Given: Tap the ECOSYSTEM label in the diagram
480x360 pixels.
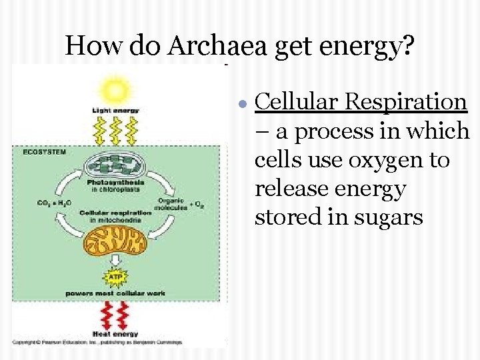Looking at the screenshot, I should coord(45,152).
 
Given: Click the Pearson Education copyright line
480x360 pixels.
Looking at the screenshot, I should coord(100,341).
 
